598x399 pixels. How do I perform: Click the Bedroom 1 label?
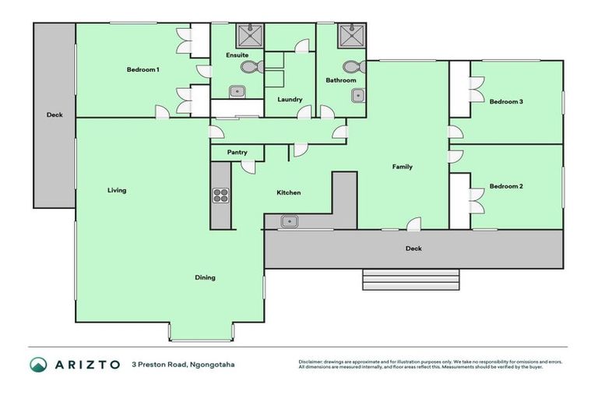143,70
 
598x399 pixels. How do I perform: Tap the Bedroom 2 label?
505,186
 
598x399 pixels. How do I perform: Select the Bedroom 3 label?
505,101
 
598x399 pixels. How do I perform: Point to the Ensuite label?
237,55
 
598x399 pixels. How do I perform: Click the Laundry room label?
290,99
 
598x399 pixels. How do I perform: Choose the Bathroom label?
341,80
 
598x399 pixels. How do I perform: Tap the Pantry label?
237,153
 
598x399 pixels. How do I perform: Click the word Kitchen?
288,192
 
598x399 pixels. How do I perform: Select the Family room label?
402,167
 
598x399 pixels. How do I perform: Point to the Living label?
117,190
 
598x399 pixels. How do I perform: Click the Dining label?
205,277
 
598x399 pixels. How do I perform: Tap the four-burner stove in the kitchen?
221,196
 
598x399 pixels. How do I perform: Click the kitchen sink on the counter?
290,222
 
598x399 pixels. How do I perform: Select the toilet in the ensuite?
248,69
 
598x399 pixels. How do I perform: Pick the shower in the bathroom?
350,36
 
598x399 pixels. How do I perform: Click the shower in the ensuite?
249,36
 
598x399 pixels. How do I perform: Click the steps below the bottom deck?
411,279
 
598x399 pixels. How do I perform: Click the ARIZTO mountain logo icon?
38,364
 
